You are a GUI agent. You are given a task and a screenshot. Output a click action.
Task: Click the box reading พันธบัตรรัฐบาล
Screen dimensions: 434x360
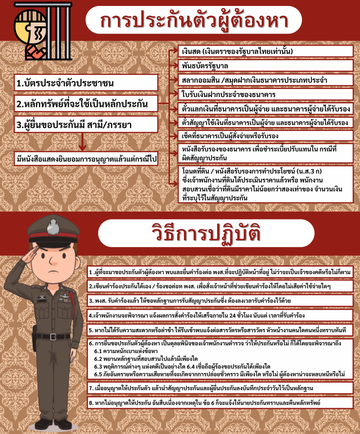(x=265, y=66)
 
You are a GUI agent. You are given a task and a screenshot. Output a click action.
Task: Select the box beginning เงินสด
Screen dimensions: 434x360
(x=265, y=51)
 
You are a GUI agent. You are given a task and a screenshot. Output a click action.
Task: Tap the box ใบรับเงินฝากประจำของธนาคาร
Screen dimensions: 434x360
(x=265, y=94)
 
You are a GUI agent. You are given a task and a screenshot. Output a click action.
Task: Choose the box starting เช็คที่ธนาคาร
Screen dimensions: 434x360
(x=265, y=136)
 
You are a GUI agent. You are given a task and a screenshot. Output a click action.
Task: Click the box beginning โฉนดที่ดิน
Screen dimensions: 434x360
(x=265, y=184)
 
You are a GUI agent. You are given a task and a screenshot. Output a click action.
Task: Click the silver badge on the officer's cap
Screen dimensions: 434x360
(x=53, y=226)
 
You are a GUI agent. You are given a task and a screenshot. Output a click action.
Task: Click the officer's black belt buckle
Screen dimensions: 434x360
(x=53, y=337)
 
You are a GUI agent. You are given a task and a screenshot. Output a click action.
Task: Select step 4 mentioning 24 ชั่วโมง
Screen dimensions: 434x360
(x=220, y=315)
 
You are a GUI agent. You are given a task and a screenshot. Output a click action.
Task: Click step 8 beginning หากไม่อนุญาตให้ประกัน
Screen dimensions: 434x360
(x=220, y=402)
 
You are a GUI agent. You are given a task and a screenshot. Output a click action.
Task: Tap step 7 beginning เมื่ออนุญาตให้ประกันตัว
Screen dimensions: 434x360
(x=220, y=387)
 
